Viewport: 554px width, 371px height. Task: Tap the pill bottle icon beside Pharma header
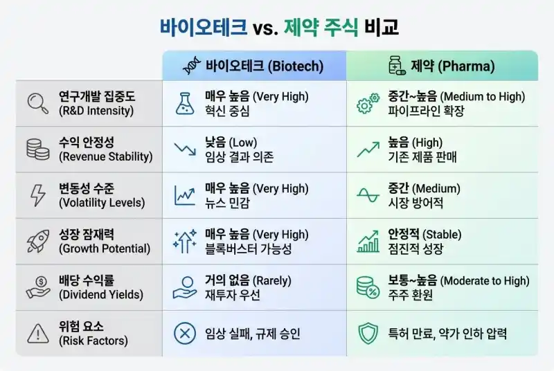point(396,66)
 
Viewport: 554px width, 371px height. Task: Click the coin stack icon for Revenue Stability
point(36,150)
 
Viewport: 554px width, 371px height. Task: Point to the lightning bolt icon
point(36,195)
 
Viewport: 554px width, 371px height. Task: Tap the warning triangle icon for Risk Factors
point(36,334)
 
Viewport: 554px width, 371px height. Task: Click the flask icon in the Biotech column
point(185,104)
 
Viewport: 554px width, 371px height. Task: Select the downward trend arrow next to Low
point(185,150)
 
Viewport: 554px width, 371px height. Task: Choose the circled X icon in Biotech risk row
point(185,334)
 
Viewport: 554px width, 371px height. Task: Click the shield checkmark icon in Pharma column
point(367,334)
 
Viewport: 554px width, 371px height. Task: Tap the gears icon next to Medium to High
point(367,104)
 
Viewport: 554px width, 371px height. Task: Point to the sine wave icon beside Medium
point(367,195)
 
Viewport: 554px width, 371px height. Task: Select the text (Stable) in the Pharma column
point(442,235)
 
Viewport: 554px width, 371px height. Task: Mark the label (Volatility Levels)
point(102,203)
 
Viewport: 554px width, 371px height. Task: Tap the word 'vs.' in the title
point(266,28)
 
